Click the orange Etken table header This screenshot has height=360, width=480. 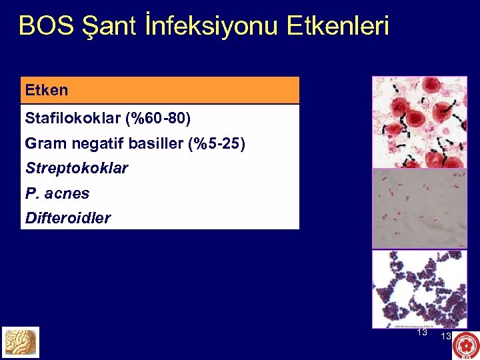160,90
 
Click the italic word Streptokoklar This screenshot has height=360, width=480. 76,168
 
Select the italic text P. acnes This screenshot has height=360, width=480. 57,193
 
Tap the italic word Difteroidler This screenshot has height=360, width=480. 67,218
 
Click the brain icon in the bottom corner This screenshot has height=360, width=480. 21,342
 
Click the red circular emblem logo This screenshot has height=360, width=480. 465,345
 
